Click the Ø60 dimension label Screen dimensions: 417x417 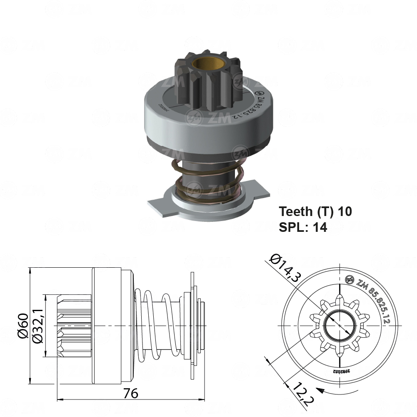[x=23, y=325]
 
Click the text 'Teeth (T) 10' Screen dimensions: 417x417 [x=315, y=211]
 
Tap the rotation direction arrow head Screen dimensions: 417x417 [x=320, y=391]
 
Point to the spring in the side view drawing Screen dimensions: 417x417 [x=156, y=325]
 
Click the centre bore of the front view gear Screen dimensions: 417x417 [x=340, y=325]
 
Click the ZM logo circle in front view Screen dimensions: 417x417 [x=351, y=280]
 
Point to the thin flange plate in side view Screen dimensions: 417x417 [x=192, y=325]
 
